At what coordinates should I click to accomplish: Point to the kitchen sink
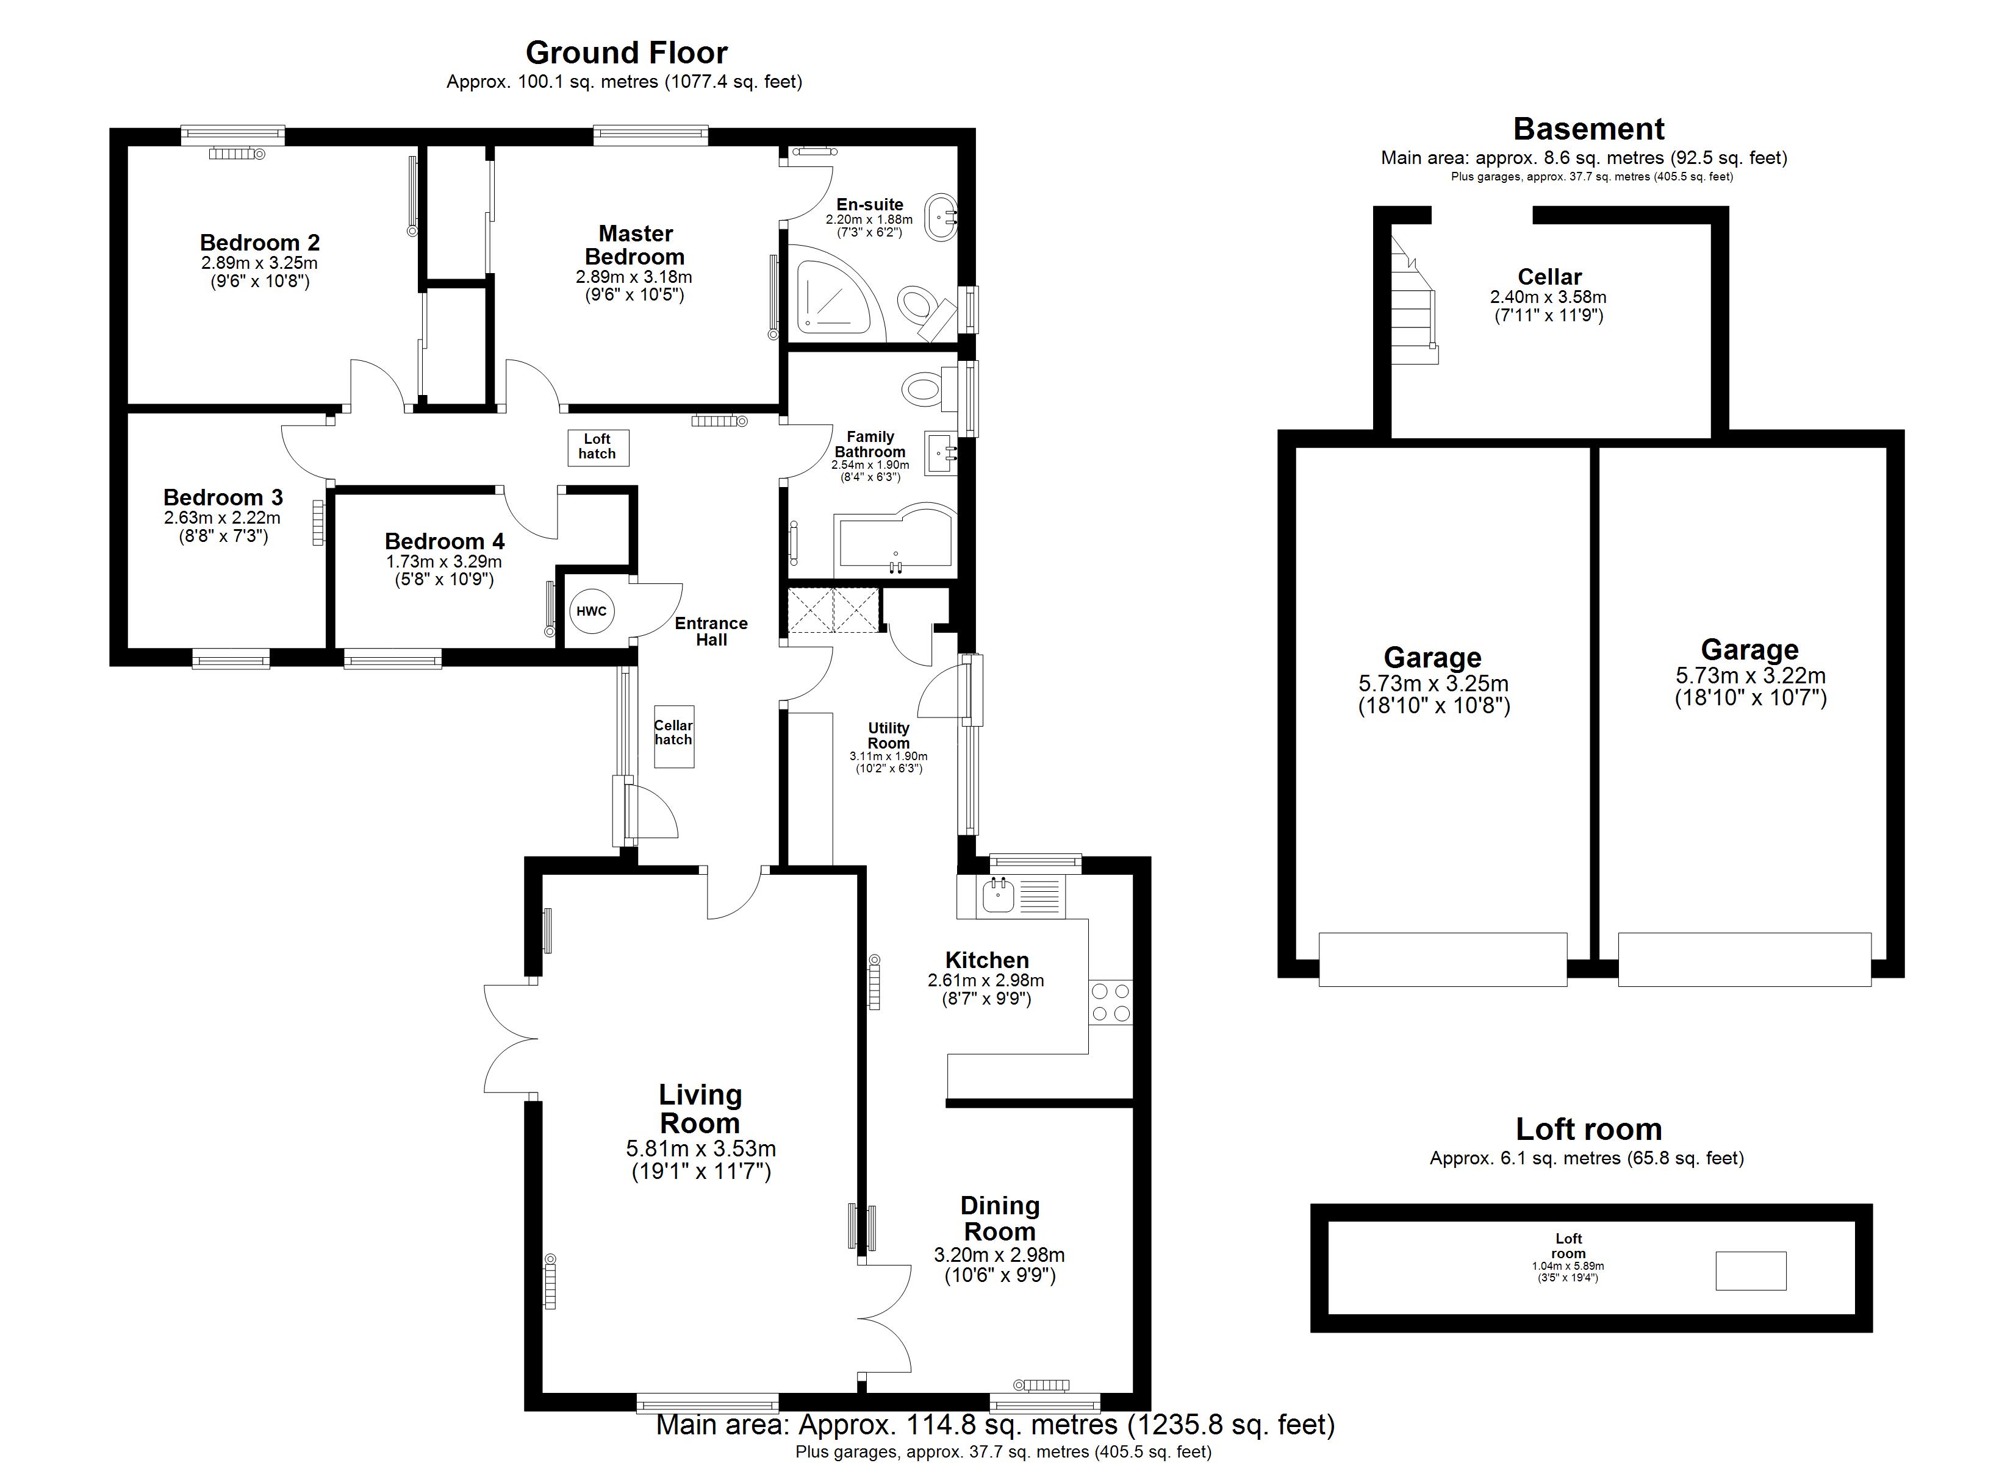[x=999, y=896]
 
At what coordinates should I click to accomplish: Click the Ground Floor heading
[x=626, y=52]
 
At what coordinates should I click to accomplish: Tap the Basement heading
[x=1588, y=129]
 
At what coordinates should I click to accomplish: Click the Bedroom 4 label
[x=445, y=541]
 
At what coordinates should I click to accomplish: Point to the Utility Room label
[x=888, y=736]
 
